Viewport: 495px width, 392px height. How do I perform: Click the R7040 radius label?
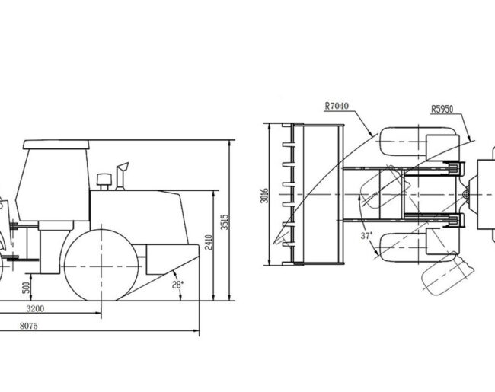pyautogui.click(x=337, y=105)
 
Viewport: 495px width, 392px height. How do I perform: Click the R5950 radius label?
pyautogui.click(x=442, y=109)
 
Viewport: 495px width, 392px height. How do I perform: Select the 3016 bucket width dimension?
pyautogui.click(x=265, y=196)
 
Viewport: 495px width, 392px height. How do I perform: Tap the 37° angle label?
pyautogui.click(x=366, y=236)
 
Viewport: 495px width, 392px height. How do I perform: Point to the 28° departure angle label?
pyautogui.click(x=177, y=285)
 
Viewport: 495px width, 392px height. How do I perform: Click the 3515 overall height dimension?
pyautogui.click(x=225, y=222)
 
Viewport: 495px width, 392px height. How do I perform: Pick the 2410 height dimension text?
pyautogui.click(x=209, y=242)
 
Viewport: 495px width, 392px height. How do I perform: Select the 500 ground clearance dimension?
pyautogui.click(x=27, y=288)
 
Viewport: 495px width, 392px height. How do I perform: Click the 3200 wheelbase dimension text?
pyautogui.click(x=35, y=308)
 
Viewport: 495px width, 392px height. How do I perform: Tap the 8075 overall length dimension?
pyautogui.click(x=29, y=326)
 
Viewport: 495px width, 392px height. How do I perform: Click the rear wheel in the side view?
pyautogui.click(x=101, y=265)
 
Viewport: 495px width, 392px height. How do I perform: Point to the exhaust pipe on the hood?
pyautogui.click(x=122, y=176)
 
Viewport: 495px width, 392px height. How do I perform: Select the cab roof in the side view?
pyautogui.click(x=56, y=145)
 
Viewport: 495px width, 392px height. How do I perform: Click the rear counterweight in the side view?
pyautogui.click(x=172, y=260)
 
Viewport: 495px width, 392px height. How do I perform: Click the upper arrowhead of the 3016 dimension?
pyautogui.click(x=269, y=126)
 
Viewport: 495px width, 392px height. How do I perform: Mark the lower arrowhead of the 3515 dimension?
pyautogui.click(x=229, y=298)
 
